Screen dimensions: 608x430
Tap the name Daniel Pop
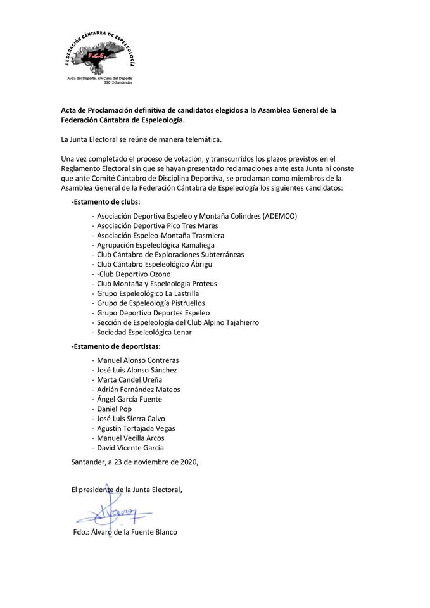pos(114,409)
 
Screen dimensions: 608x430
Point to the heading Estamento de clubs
pos(106,201)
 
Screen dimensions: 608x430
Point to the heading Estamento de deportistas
pos(116,346)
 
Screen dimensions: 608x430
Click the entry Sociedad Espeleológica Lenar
pos(144,332)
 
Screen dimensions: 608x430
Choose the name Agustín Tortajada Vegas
pos(136,428)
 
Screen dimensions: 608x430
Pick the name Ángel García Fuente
pos(129,400)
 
